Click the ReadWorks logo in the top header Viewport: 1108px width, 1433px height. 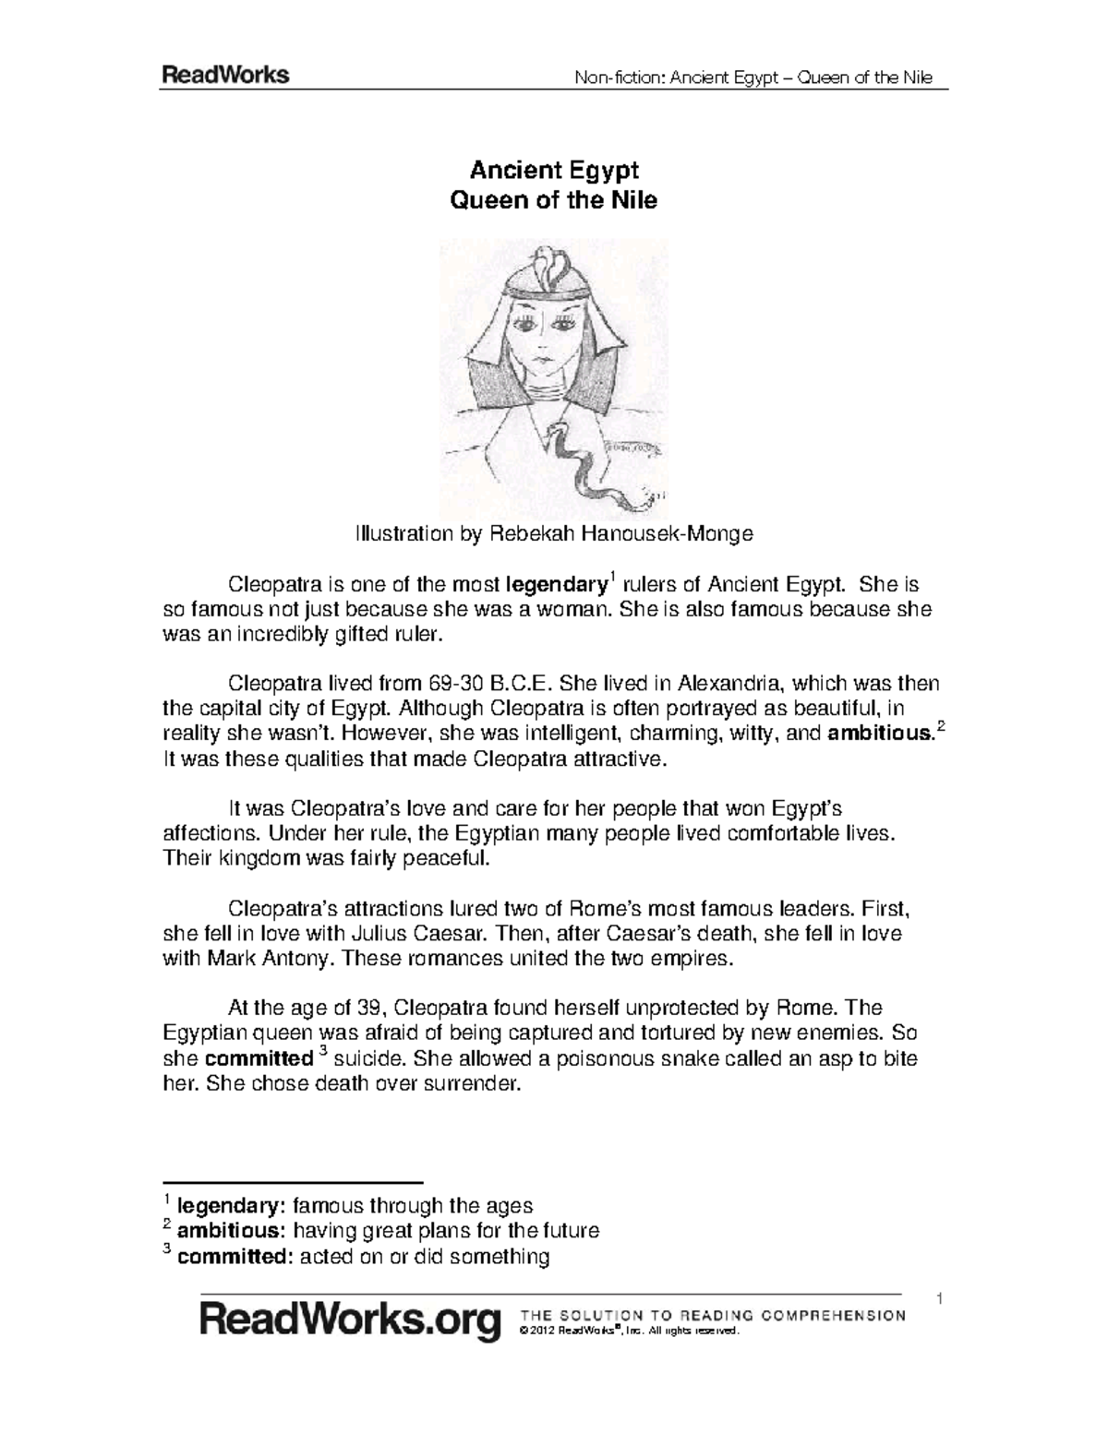coord(226,76)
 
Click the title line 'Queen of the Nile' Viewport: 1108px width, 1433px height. coord(552,200)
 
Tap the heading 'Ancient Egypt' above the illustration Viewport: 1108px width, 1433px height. coord(554,170)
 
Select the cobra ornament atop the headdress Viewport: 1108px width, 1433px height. coord(554,263)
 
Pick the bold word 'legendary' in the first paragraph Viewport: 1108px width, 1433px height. coord(556,585)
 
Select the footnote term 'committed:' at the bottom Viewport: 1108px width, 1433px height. coord(235,1256)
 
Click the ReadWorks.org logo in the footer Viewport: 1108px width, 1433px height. coord(352,1322)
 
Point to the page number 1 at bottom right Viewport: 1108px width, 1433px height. coord(938,1300)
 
